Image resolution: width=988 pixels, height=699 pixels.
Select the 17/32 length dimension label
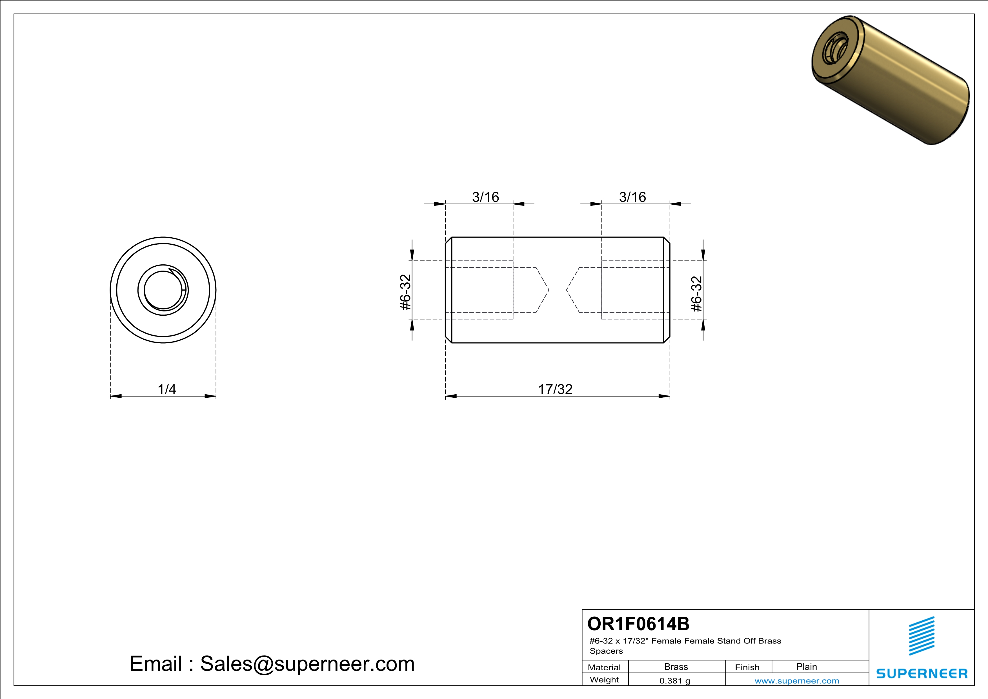(555, 389)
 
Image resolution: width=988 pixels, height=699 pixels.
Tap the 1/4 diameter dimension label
(166, 389)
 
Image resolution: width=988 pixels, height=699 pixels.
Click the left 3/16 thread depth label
(485, 197)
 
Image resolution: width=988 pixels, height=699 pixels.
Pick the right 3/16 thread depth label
(632, 197)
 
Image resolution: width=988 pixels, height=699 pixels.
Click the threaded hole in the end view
(163, 290)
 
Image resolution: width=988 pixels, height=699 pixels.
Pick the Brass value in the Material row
(676, 667)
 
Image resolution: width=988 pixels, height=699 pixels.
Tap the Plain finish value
(806, 667)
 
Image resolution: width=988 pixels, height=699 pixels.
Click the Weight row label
(604, 680)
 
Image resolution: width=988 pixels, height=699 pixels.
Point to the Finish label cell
(747, 667)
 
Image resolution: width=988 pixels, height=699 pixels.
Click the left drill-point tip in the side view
(548, 290)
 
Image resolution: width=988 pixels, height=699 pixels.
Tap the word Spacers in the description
(606, 651)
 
